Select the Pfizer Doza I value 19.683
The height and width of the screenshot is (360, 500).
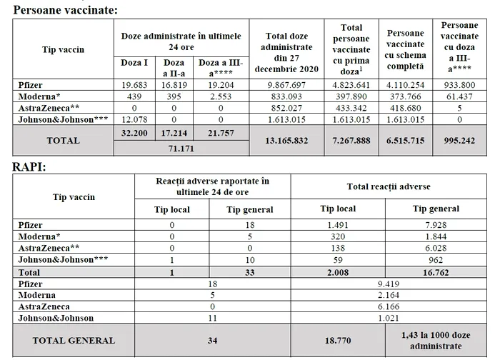[135, 85]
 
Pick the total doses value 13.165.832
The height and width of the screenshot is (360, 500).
[286, 141]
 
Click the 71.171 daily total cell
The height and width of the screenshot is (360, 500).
[181, 149]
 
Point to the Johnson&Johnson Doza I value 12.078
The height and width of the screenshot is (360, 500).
[135, 119]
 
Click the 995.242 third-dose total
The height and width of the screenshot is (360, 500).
[459, 141]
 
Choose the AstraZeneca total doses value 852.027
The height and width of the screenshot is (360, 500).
[286, 108]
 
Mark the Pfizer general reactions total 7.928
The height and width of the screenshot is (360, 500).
[436, 225]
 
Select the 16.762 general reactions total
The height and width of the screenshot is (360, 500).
[436, 272]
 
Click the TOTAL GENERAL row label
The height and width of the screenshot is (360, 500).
[74, 340]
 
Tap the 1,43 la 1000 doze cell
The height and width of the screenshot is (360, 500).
[436, 340]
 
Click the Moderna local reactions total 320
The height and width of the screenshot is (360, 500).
[338, 236]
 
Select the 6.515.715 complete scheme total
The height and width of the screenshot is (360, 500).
[406, 141]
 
